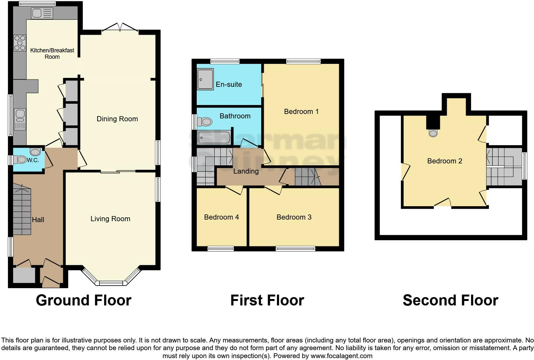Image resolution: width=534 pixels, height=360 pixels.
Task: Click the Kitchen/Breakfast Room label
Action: click(52, 53)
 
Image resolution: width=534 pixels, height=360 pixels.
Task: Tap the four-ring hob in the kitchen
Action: click(19, 43)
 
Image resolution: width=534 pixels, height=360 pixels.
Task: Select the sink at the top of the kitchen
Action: click(42, 13)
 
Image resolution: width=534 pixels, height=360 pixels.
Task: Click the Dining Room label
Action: click(117, 119)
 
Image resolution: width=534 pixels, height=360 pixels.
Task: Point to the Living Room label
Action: click(110, 219)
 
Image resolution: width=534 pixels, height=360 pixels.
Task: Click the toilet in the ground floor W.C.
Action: click(22, 159)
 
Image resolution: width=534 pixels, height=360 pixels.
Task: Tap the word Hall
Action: click(38, 220)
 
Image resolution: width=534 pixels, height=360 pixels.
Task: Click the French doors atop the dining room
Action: click(120, 27)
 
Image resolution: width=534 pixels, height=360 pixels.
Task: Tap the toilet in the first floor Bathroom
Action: click(205, 122)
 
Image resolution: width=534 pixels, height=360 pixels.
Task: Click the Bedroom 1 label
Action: click(301, 111)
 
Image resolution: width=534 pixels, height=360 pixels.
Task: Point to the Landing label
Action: click(246, 171)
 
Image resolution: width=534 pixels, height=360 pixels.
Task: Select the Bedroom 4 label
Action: click(221, 217)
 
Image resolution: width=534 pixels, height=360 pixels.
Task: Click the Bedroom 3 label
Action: click(294, 217)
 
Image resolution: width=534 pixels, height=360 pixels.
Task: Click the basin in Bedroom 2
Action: click(433, 133)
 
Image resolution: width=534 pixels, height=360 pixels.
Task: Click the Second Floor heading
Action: click(450, 300)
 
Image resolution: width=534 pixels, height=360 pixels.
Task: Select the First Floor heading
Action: click(267, 300)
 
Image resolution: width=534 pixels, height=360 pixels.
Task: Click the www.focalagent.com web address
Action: click(341, 356)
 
